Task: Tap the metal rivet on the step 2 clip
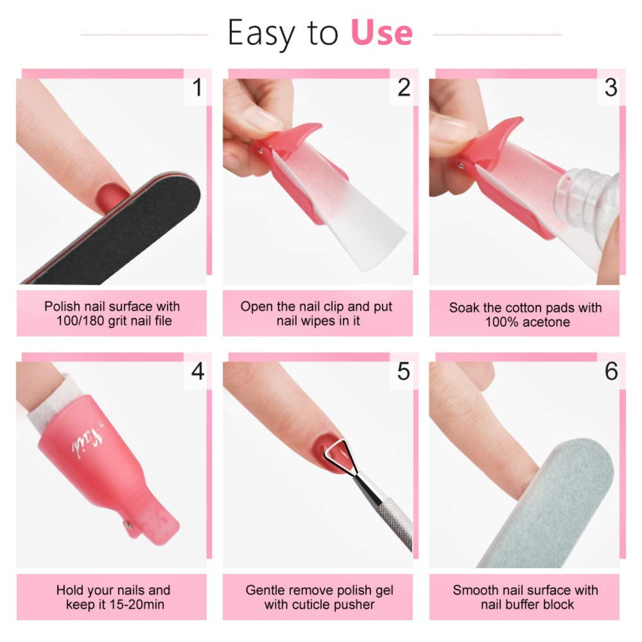(260, 151)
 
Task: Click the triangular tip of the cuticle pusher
(339, 453)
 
